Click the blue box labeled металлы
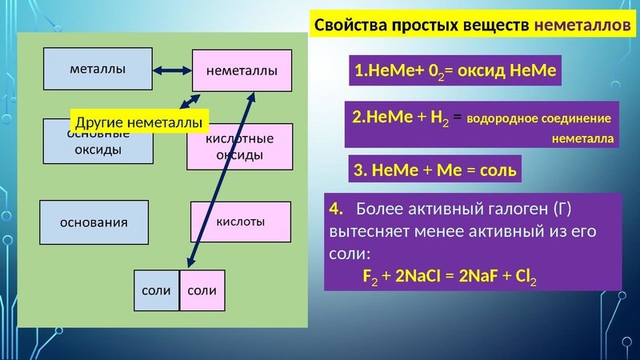pyautogui.click(x=97, y=70)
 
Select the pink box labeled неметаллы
pyautogui.click(x=242, y=70)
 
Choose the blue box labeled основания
pyautogui.click(x=94, y=222)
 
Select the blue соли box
pyautogui.click(x=156, y=290)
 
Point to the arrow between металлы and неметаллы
pyautogui.click(x=171, y=70)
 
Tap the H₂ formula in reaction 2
pyautogui.click(x=439, y=117)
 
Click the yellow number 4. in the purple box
pyautogui.click(x=336, y=210)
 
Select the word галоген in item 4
pyautogui.click(x=510, y=210)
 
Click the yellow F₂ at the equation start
pyautogui.click(x=370, y=277)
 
